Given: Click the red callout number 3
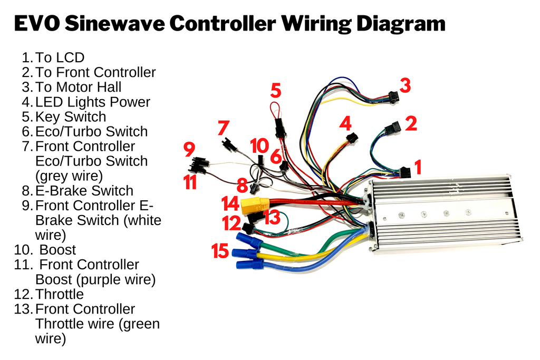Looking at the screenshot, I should point(405,85).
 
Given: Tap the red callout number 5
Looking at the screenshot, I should point(276,91).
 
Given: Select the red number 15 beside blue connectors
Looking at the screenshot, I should point(221,251).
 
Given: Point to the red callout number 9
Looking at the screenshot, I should point(189,150).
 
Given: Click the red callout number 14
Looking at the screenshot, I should point(230,204).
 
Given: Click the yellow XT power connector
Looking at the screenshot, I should point(255,206).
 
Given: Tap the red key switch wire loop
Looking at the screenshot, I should point(276,111).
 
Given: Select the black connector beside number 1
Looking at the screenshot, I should point(404,172).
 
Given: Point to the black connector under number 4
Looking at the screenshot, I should point(352,139).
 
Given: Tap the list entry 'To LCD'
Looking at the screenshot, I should point(60,57).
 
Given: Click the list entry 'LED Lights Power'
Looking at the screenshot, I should point(93,102).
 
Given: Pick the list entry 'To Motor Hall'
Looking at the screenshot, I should point(78,87).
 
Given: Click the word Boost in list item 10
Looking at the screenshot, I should point(57,249).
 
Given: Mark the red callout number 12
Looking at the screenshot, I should point(232,223).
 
